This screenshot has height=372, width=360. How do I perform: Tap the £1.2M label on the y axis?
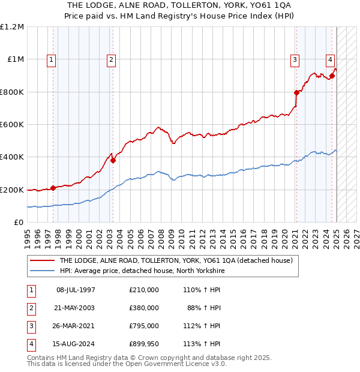click(x=12, y=27)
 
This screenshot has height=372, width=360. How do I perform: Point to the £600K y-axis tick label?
click(x=12, y=125)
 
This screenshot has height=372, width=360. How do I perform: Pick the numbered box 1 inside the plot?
click(x=52, y=59)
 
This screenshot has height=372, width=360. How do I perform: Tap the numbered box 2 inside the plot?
click(x=112, y=59)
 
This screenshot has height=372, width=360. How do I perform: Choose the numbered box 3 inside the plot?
click(x=295, y=59)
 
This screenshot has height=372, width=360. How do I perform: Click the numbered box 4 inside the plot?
click(x=331, y=59)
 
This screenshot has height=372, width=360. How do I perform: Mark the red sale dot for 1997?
click(x=53, y=188)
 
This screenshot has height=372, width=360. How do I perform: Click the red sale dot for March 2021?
click(x=296, y=92)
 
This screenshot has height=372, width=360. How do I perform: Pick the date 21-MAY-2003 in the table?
click(x=75, y=308)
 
